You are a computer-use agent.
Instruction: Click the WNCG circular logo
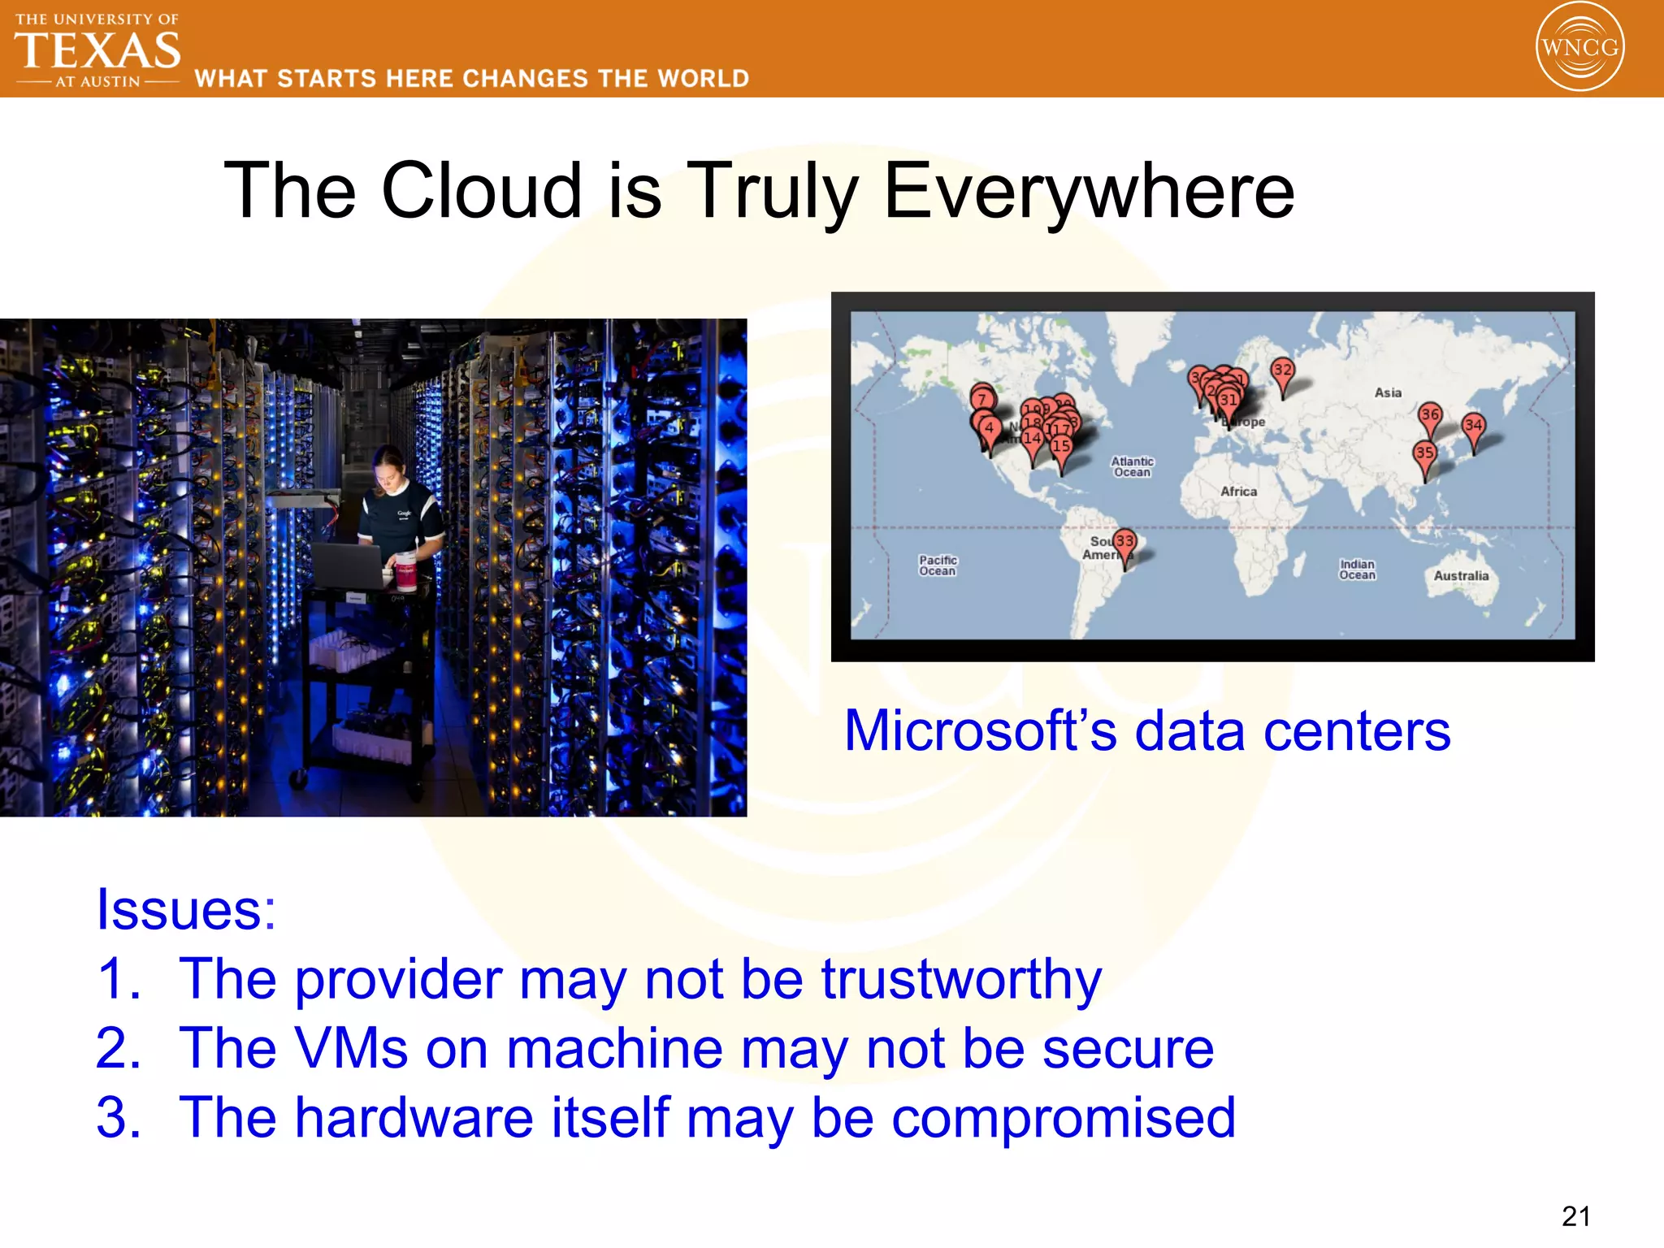pos(1579,46)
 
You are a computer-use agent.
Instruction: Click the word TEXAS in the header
pos(97,50)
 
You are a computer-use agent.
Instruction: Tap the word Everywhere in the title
pos(1089,191)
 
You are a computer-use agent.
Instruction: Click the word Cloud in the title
pos(482,191)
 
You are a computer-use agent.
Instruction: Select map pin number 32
pos(1282,370)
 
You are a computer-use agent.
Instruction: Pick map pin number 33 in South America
pos(1124,542)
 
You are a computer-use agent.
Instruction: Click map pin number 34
pos(1473,426)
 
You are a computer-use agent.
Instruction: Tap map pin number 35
pos(1424,453)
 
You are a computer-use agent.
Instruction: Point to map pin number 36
pos(1430,415)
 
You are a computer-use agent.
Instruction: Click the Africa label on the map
pos(1238,492)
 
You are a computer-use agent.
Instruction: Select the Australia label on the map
pos(1461,576)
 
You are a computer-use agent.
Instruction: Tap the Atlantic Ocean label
pos(1132,466)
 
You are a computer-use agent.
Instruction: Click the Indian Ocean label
pos(1357,570)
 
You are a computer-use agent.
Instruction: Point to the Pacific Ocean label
pos(938,565)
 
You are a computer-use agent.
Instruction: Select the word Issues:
pos(186,909)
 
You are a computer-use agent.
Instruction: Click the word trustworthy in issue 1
pos(961,980)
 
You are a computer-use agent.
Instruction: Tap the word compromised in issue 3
pos(1064,1118)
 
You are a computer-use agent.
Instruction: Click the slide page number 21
pos(1575,1216)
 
